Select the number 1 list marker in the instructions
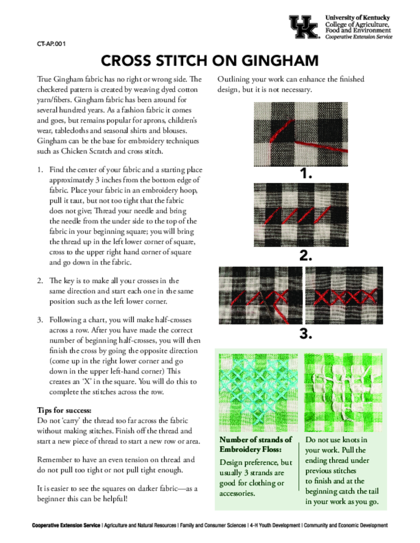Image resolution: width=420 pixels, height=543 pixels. [40, 170]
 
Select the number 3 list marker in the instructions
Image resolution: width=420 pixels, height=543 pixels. [40, 320]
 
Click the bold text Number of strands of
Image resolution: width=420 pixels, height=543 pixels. [255, 440]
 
